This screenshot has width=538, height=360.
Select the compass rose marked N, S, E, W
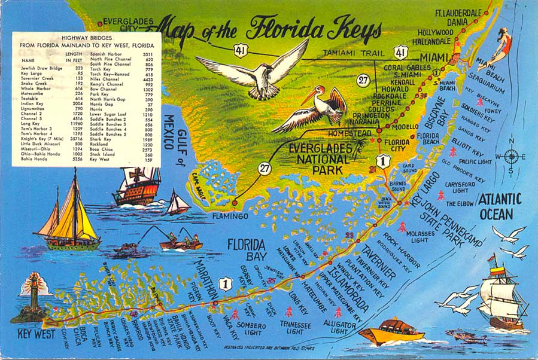(x=510, y=157)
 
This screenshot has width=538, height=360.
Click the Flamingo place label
(x=226, y=216)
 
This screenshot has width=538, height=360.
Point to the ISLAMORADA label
(x=348, y=286)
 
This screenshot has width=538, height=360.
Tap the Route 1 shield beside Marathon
(x=226, y=283)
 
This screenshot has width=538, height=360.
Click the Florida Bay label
(x=245, y=251)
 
